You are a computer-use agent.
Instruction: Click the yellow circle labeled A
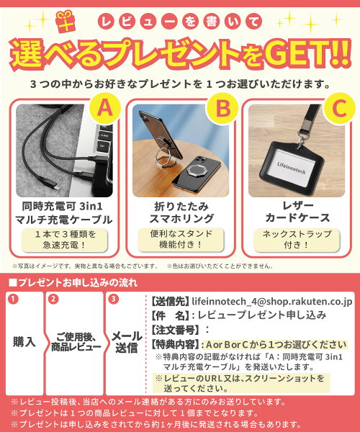105,108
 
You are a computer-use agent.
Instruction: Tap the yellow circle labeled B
222,108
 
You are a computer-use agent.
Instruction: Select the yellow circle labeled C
339,108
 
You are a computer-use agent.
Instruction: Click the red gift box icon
65,22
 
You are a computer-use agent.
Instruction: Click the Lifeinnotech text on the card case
291,168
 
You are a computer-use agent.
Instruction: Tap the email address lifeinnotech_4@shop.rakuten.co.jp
272,302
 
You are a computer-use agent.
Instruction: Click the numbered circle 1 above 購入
13,299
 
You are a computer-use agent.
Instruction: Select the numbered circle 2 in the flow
53,299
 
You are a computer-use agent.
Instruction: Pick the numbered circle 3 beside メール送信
113,299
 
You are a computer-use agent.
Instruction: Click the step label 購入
24,342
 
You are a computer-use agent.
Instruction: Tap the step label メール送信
127,342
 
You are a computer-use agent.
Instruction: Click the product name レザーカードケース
297,212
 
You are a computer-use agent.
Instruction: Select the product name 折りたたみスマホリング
181,212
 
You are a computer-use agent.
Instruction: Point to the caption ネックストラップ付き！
297,239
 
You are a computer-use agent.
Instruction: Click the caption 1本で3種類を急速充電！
65,240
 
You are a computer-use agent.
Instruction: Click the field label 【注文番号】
175,330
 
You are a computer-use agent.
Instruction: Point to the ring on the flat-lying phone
196,170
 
